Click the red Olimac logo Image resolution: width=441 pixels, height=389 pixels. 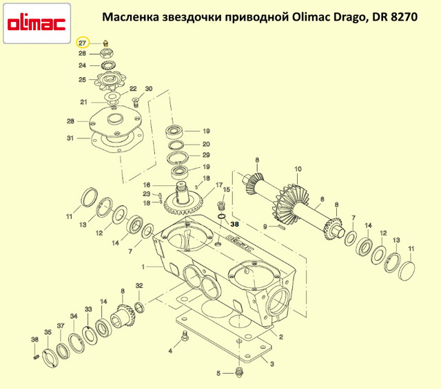pos(37,23)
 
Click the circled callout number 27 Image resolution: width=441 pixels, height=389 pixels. pos(83,43)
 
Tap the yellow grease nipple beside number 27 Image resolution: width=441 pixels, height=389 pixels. pos(105,43)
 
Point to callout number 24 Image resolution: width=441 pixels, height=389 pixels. pos(82,65)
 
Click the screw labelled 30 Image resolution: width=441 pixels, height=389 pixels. pos(136,102)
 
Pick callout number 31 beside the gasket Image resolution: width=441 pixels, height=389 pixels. pos(70,138)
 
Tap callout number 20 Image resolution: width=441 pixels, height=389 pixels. pos(206,144)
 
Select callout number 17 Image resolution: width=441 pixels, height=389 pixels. pos(219,185)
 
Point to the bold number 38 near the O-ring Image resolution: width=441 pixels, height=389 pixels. pos(234,224)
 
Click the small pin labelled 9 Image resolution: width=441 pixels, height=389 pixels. pos(282,227)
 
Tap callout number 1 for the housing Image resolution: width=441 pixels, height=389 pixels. pos(143,266)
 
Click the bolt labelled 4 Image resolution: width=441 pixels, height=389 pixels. pos(185,337)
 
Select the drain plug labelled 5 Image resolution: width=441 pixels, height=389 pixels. pos(238,372)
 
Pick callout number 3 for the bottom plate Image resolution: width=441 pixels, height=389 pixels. pos(272,364)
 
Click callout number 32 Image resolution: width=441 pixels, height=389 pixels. pos(139,286)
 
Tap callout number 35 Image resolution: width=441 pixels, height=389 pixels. pos(48,332)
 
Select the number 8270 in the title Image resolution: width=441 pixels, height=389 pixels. pos(404,17)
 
